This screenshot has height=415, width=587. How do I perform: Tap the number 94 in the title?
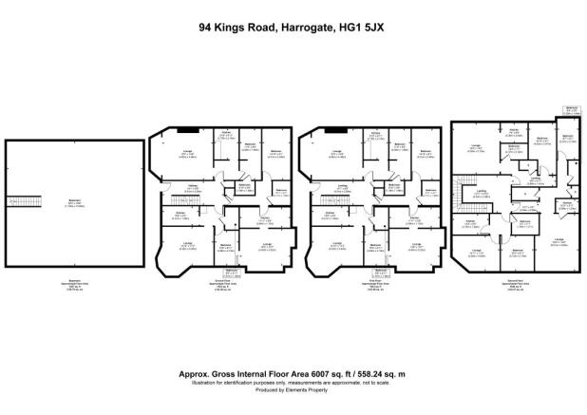(206, 28)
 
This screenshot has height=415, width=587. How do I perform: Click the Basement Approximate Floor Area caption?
(75, 285)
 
